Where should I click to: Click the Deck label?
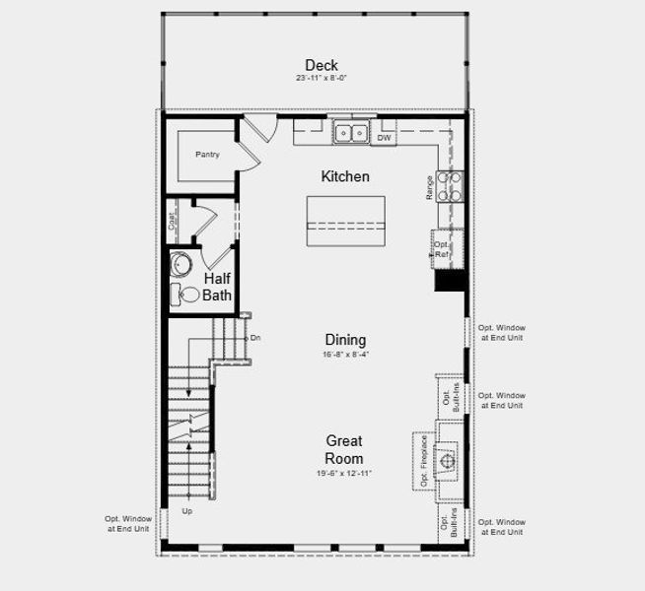click(322, 65)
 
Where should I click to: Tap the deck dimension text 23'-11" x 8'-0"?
click(322, 78)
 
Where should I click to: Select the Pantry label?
click(207, 155)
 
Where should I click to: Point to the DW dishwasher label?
click(385, 138)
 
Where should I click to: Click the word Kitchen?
click(345, 177)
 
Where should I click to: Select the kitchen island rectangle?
click(345, 224)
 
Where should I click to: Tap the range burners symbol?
click(449, 186)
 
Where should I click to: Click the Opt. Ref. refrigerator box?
click(443, 248)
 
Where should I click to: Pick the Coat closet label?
click(173, 223)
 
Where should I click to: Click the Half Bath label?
click(218, 286)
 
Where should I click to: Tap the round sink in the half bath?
click(180, 264)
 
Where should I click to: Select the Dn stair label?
click(254, 338)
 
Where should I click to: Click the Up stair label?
click(187, 511)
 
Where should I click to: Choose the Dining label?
click(345, 340)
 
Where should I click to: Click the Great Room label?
click(345, 449)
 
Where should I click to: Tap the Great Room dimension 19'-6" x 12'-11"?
click(345, 474)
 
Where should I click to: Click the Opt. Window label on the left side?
click(128, 524)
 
